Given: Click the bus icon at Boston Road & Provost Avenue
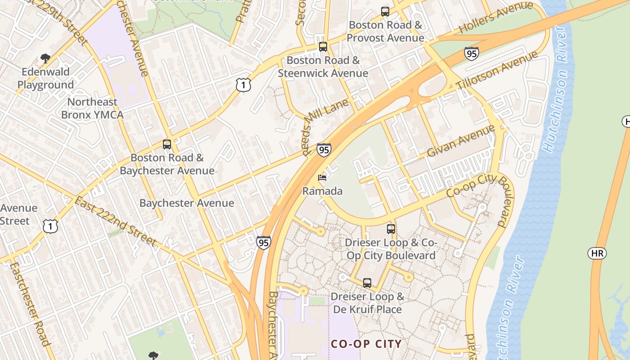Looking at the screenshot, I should [385, 12].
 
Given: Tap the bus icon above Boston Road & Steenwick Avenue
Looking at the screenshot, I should [323, 46].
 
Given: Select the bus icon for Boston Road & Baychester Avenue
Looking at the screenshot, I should [167, 144].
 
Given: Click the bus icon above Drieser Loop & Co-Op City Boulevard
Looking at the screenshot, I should [391, 229].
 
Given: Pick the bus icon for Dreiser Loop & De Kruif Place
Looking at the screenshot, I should [367, 283].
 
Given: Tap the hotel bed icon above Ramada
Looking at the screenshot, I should [322, 178].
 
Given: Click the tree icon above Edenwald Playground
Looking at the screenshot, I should [45, 58].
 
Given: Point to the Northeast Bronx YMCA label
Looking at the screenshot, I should [92, 108].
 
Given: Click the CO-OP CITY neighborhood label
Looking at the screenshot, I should [366, 344].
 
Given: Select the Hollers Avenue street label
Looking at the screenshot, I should [495, 18].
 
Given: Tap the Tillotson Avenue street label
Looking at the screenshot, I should [497, 71].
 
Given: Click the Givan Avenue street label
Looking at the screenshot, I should [461, 141].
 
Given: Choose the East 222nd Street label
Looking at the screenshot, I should [116, 222].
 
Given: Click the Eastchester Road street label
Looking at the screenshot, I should [29, 304].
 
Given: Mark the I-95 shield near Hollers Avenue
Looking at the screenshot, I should [471, 54].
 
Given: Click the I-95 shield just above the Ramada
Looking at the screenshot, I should [324, 150].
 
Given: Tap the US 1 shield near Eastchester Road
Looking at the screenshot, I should [50, 226].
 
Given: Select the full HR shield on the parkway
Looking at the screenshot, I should [597, 253].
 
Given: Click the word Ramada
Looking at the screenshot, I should [322, 191].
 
